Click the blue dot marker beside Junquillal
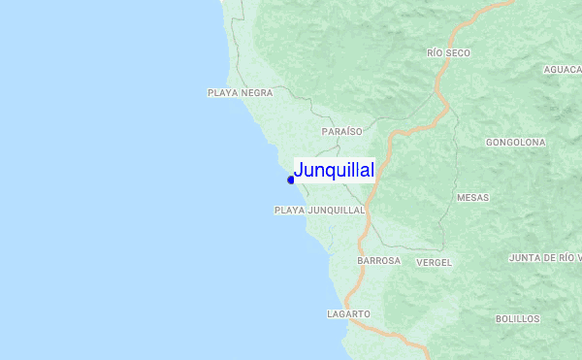[x=290, y=180]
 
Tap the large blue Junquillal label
[x=334, y=171]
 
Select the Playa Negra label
[x=240, y=93]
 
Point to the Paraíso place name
[x=341, y=131]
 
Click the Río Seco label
[x=448, y=53]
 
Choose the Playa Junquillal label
[x=319, y=210]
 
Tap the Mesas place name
[x=472, y=198]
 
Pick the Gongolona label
[x=515, y=142]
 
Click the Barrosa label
[x=378, y=261]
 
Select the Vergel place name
[x=434, y=262]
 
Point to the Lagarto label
[x=349, y=314]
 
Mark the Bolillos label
[x=517, y=318]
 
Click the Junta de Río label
[x=544, y=258]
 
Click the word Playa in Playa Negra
[x=223, y=93]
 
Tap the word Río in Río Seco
[x=435, y=53]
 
